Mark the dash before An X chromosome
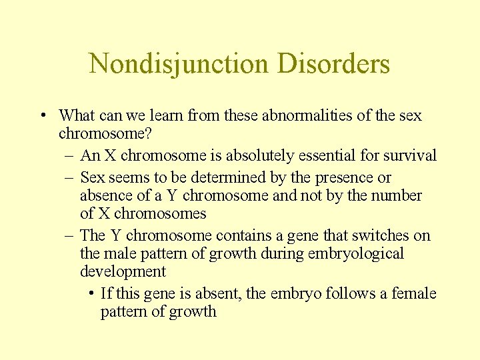pos(70,156)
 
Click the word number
pos(397,196)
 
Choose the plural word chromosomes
pos(160,214)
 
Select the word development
pos(123,272)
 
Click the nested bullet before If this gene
pos(91,294)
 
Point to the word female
pos(413,294)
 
